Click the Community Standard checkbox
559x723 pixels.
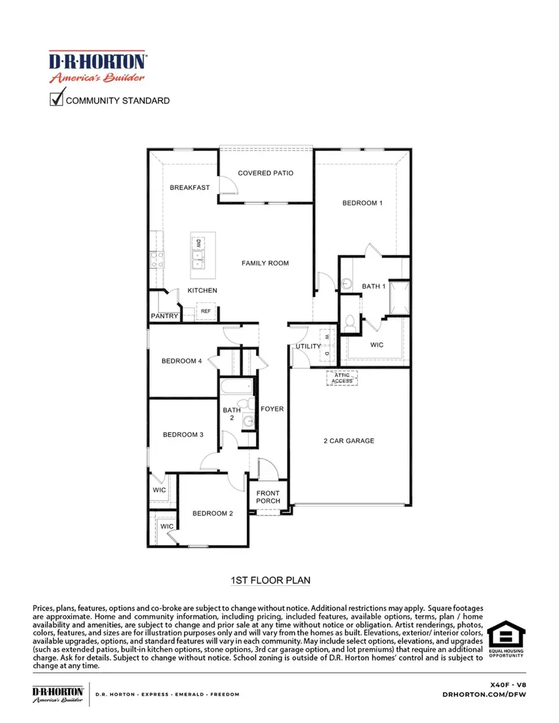(57, 98)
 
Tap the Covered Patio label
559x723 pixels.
(265, 173)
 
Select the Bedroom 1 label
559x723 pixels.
(362, 203)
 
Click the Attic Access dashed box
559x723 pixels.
(342, 378)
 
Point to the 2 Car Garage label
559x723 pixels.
(348, 441)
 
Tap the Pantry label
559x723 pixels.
(165, 317)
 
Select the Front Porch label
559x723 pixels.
(268, 497)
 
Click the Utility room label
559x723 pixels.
(308, 346)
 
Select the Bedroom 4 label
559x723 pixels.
(181, 361)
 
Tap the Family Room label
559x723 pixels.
(265, 263)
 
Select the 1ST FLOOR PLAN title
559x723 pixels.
(270, 580)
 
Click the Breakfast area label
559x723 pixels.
(189, 187)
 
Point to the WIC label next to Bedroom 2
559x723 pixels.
(166, 526)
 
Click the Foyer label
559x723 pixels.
(272, 409)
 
